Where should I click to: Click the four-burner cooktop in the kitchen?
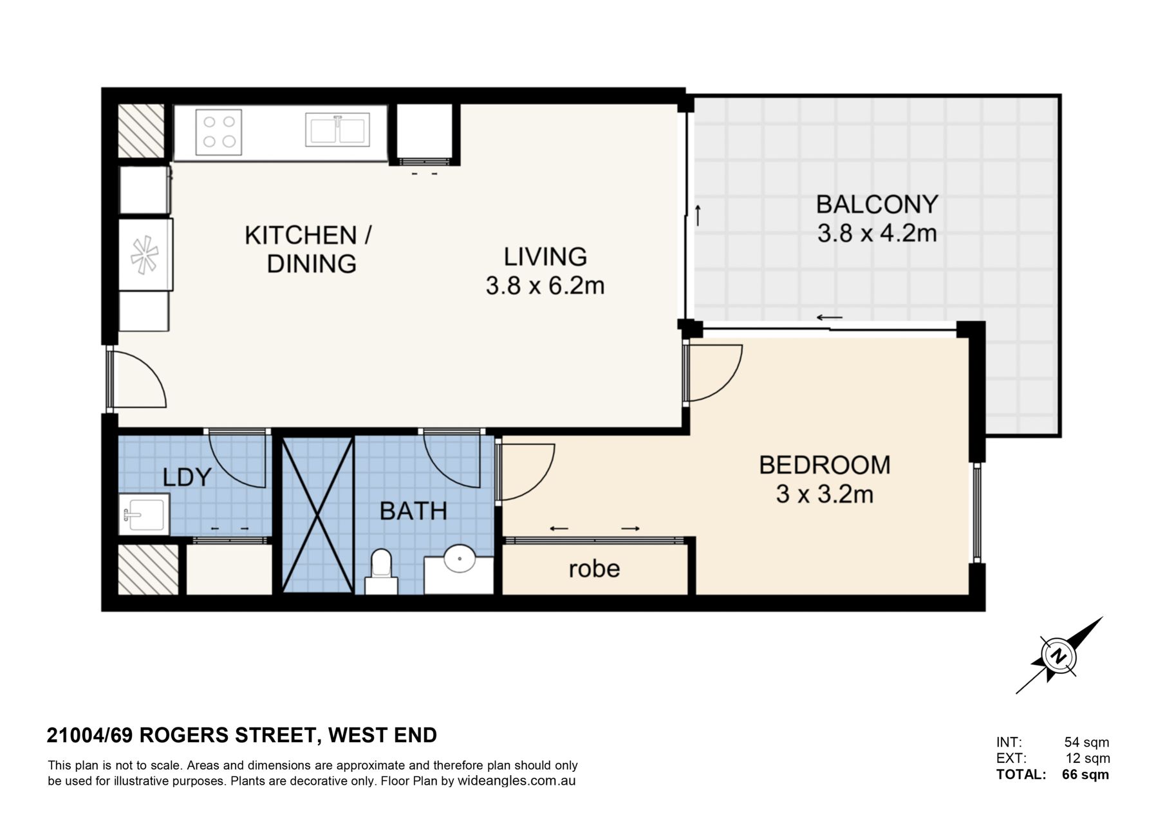(x=218, y=132)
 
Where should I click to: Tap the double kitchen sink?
(x=337, y=130)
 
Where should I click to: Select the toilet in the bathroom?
(x=382, y=571)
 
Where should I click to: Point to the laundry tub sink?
(x=144, y=514)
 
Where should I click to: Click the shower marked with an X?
(x=318, y=515)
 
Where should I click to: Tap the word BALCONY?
(x=877, y=204)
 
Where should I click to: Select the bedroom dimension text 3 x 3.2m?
(x=825, y=494)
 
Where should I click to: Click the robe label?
(x=594, y=568)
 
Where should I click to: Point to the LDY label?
(x=187, y=477)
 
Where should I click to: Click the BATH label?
(x=413, y=511)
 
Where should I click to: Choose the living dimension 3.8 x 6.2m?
(x=545, y=285)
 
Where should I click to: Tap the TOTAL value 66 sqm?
(x=1085, y=774)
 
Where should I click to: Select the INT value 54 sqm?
(x=1087, y=742)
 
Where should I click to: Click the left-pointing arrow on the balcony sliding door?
(x=830, y=317)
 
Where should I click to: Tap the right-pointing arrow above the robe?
(x=631, y=529)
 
